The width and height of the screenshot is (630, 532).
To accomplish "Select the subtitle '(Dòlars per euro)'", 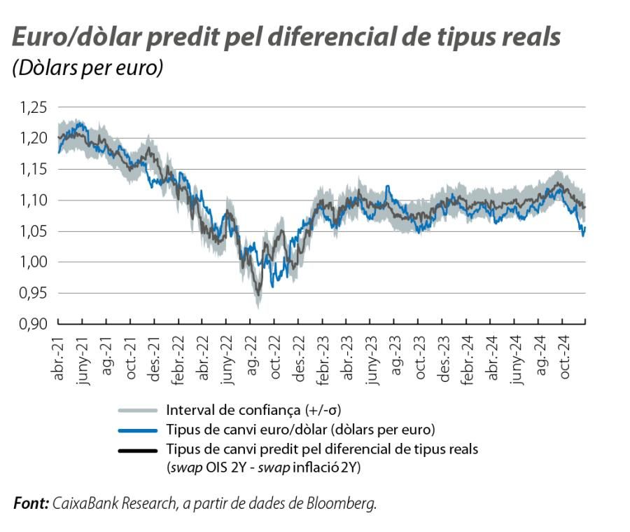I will click(87, 69).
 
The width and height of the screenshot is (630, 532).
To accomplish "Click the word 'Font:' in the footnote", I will click(31, 503).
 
